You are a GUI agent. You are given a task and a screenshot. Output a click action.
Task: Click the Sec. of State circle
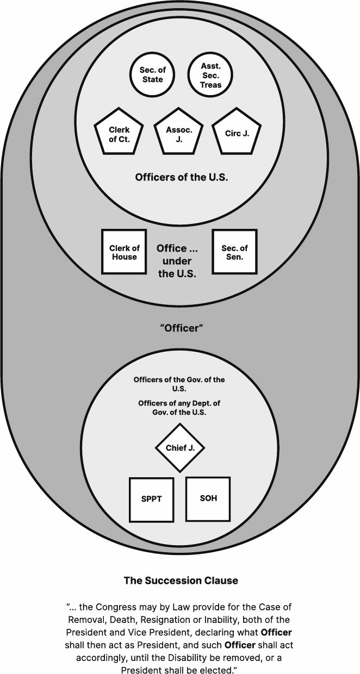point(152,75)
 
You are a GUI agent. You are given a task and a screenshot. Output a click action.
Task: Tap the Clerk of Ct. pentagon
point(119,134)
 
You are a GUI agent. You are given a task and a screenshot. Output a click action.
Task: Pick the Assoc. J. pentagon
point(179,134)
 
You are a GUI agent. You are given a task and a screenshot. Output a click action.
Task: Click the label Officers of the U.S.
point(181,177)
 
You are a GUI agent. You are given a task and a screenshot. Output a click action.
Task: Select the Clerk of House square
point(124,252)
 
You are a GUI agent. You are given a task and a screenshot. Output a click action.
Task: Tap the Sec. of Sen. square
point(234,252)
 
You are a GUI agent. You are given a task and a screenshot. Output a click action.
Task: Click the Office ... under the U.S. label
point(177,261)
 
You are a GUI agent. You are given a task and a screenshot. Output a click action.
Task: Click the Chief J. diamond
point(180,448)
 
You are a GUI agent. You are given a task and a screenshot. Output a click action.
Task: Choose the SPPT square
point(151,499)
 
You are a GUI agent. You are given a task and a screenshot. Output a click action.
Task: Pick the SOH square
point(208,498)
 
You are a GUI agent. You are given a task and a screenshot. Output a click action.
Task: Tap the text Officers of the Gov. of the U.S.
point(179,384)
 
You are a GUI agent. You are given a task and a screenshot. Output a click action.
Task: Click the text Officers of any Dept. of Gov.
point(179,408)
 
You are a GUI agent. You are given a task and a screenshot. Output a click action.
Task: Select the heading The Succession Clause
point(181,581)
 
